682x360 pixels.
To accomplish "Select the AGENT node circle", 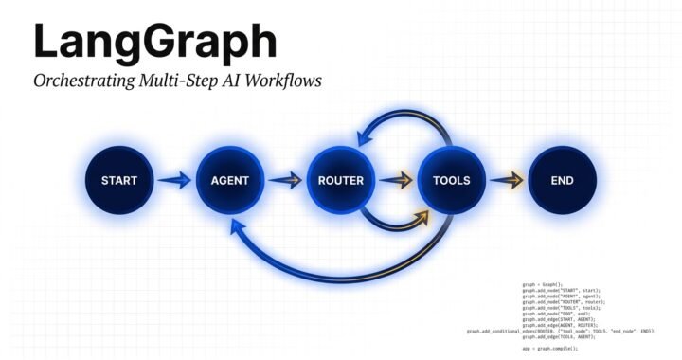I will (x=229, y=180).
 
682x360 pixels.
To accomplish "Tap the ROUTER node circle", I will (x=340, y=180).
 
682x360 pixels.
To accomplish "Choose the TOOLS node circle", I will (x=451, y=180).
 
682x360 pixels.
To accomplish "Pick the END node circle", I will (x=562, y=180).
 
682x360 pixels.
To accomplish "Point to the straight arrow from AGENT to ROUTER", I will (x=284, y=180).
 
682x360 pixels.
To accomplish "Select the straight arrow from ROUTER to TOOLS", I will (x=395, y=180).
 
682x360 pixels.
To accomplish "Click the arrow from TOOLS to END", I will (x=506, y=180).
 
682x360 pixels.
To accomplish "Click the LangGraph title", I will (x=155, y=43).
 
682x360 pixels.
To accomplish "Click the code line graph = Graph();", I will (x=543, y=284).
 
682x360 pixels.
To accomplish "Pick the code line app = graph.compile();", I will (x=549, y=349).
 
